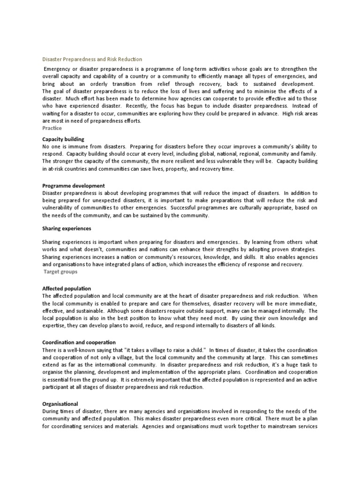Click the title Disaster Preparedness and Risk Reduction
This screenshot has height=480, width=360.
pos(92,60)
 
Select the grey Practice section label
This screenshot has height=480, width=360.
pos(52,128)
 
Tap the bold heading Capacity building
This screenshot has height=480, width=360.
pos(63,139)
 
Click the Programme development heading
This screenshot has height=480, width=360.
pos(74,186)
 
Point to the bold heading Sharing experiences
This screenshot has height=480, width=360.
pos(67,228)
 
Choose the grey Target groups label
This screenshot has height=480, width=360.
pos(60,271)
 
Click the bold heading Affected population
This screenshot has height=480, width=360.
pos(67,288)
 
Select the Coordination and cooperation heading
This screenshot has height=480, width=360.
pos(79,342)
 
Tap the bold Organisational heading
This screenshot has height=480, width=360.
pos(60,404)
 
